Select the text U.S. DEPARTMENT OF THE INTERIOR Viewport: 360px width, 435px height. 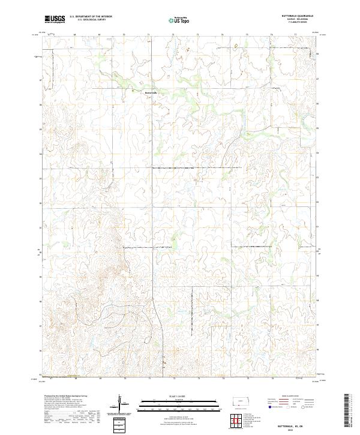click(x=91, y=17)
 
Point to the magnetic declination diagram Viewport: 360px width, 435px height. click(x=120, y=403)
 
